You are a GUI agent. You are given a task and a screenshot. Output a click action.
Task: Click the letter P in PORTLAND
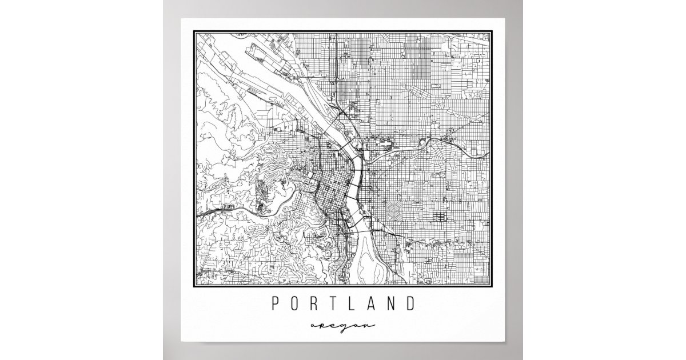tap(276, 303)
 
